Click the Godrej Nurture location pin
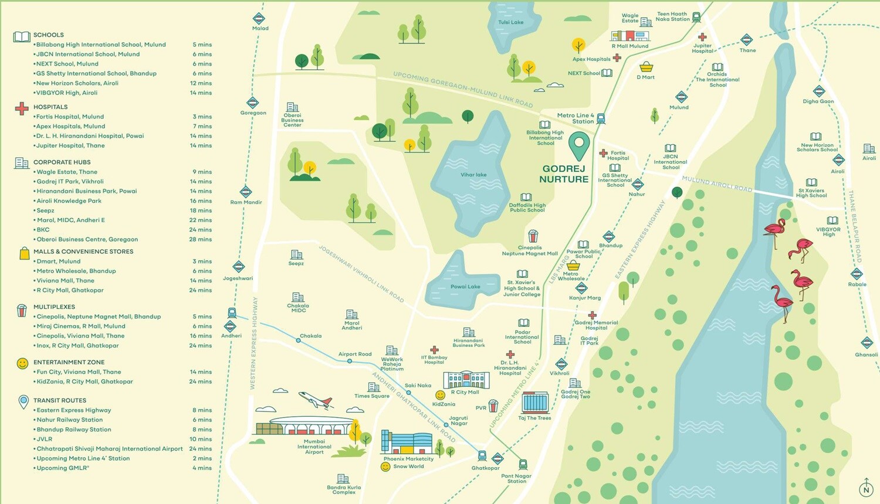579,145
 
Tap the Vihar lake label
473,175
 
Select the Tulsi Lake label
510,22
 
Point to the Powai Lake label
465,287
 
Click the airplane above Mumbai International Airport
316,400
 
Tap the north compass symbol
866,488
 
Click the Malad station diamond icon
259,18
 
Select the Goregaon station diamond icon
253,103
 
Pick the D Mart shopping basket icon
646,67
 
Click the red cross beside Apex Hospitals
617,58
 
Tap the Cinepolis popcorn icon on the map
533,237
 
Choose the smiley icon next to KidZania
440,396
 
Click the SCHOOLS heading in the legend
49,35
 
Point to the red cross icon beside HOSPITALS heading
22,108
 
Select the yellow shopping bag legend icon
24,253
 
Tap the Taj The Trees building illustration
534,403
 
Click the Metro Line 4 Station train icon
601,118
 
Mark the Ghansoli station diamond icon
867,343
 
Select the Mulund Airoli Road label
716,185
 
